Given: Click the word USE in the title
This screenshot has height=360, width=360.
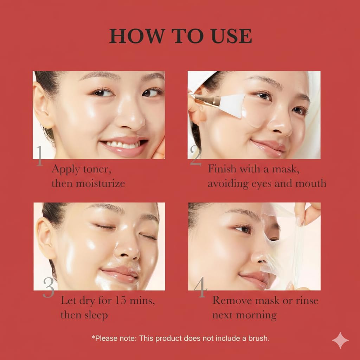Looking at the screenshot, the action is pos(232,36).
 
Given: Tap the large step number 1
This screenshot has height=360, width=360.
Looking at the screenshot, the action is pos(39,156).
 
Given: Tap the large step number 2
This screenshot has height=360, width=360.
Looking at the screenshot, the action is pos(195,155).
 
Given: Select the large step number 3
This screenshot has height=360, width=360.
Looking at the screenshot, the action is pos(49,288).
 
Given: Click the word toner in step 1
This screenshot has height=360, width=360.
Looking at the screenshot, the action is pos(97,169).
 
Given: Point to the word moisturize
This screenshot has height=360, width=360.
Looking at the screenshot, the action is pos(101,184).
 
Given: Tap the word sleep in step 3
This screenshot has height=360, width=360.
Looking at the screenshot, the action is pos(96,315).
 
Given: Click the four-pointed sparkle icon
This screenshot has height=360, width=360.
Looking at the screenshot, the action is pos(340,340).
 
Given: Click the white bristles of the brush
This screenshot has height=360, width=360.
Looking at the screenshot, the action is pos(232,105).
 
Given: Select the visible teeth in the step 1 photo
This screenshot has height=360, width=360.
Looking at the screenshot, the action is pos(123,144).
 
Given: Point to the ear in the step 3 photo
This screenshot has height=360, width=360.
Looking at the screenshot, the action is pos(46,238).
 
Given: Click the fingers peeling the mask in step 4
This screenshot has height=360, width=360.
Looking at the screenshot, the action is pos(307,212).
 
